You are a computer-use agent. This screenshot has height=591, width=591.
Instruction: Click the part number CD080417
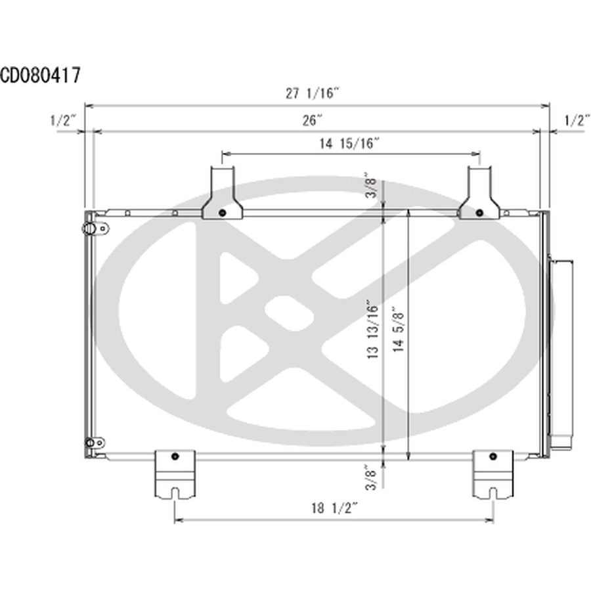click(x=40, y=75)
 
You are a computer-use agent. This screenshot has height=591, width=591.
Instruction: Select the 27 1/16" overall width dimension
click(x=313, y=93)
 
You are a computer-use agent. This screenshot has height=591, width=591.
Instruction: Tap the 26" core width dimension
click(x=313, y=120)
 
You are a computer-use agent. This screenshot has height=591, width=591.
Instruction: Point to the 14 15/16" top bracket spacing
click(x=349, y=143)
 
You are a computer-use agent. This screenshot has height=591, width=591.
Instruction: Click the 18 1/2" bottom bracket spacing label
click(x=334, y=508)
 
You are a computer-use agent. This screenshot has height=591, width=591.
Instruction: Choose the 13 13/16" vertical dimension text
click(x=372, y=329)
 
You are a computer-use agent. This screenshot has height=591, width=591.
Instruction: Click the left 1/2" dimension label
click(x=63, y=121)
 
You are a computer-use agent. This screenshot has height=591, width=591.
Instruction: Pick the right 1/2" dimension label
click(x=577, y=121)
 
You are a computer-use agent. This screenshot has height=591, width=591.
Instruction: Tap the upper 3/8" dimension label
click(x=371, y=185)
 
